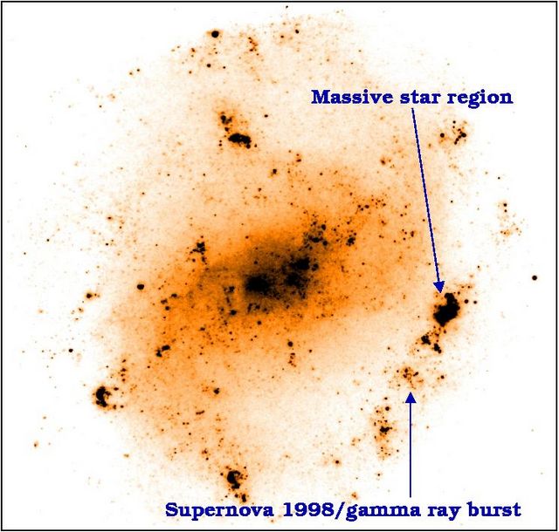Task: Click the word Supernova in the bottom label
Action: point(219,510)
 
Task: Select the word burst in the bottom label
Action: point(493,510)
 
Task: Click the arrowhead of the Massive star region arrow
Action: point(439,287)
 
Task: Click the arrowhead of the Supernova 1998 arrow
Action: point(411,397)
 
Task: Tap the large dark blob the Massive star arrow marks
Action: point(446,309)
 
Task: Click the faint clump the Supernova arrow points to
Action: point(410,376)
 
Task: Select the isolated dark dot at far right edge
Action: point(535,277)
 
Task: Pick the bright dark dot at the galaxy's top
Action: point(215,34)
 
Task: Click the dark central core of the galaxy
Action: point(258,283)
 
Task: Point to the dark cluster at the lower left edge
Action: point(102,396)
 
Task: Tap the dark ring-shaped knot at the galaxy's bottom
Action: point(234,478)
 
